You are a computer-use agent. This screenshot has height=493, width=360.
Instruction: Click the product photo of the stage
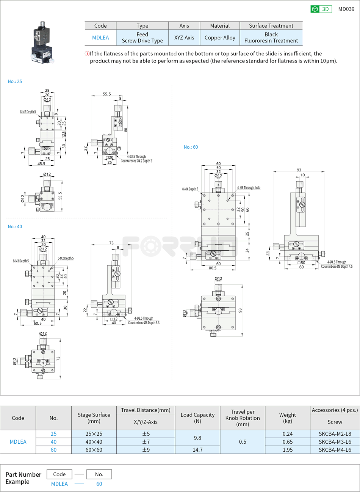(42, 42)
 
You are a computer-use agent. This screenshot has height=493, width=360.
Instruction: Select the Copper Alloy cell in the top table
(220, 38)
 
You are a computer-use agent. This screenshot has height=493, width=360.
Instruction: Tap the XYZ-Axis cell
(184, 38)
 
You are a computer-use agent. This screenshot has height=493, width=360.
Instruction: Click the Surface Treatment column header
(271, 26)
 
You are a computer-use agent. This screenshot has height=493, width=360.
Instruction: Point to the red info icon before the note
(87, 53)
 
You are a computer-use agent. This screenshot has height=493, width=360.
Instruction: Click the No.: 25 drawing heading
(15, 82)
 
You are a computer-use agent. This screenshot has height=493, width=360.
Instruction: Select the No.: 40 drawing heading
(15, 227)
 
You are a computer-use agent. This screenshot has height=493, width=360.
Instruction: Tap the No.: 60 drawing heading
(191, 147)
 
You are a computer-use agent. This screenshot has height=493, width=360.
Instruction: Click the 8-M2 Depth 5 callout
(28, 112)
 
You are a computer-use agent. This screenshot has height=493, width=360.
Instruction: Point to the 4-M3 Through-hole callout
(249, 188)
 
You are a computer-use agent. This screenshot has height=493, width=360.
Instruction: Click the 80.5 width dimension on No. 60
(213, 268)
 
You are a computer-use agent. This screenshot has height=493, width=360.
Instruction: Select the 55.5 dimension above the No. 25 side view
(107, 94)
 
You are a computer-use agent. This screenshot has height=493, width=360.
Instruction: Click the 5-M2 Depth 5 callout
(66, 258)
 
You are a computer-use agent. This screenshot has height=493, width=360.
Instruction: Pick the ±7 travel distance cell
(146, 442)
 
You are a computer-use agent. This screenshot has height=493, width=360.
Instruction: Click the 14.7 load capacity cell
(197, 450)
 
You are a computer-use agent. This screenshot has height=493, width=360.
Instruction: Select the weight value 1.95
(288, 450)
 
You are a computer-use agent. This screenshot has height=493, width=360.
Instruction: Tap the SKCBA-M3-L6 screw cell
(335, 442)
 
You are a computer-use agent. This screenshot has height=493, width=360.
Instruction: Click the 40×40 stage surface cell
(94, 442)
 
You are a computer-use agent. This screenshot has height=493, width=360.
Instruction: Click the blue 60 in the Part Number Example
(99, 484)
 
